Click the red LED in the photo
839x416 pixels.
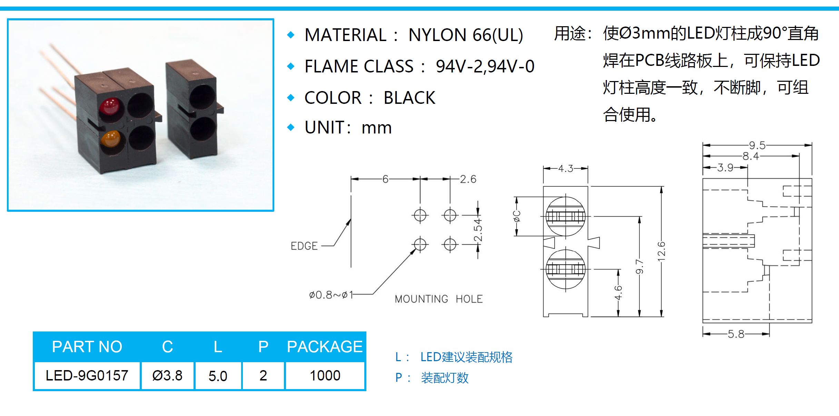point(110,106)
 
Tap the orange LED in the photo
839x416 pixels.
point(110,139)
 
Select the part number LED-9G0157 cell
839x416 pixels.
point(87,375)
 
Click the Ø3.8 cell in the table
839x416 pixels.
point(167,375)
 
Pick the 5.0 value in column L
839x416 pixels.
point(218,376)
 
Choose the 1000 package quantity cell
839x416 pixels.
point(325,375)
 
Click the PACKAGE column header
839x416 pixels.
point(325,346)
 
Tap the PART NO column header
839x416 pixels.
point(87,346)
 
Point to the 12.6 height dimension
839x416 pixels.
point(661,250)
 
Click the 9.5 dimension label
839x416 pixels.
point(757,145)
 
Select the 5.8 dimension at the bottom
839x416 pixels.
point(736,334)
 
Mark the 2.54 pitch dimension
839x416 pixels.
point(478,230)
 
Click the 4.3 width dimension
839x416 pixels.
point(565,168)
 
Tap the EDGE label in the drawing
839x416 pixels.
point(304,246)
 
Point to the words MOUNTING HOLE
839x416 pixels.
point(438,299)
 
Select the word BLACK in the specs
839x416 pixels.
point(409,98)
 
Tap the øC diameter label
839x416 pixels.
point(516,216)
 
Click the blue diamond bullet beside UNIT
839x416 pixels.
point(291,127)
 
